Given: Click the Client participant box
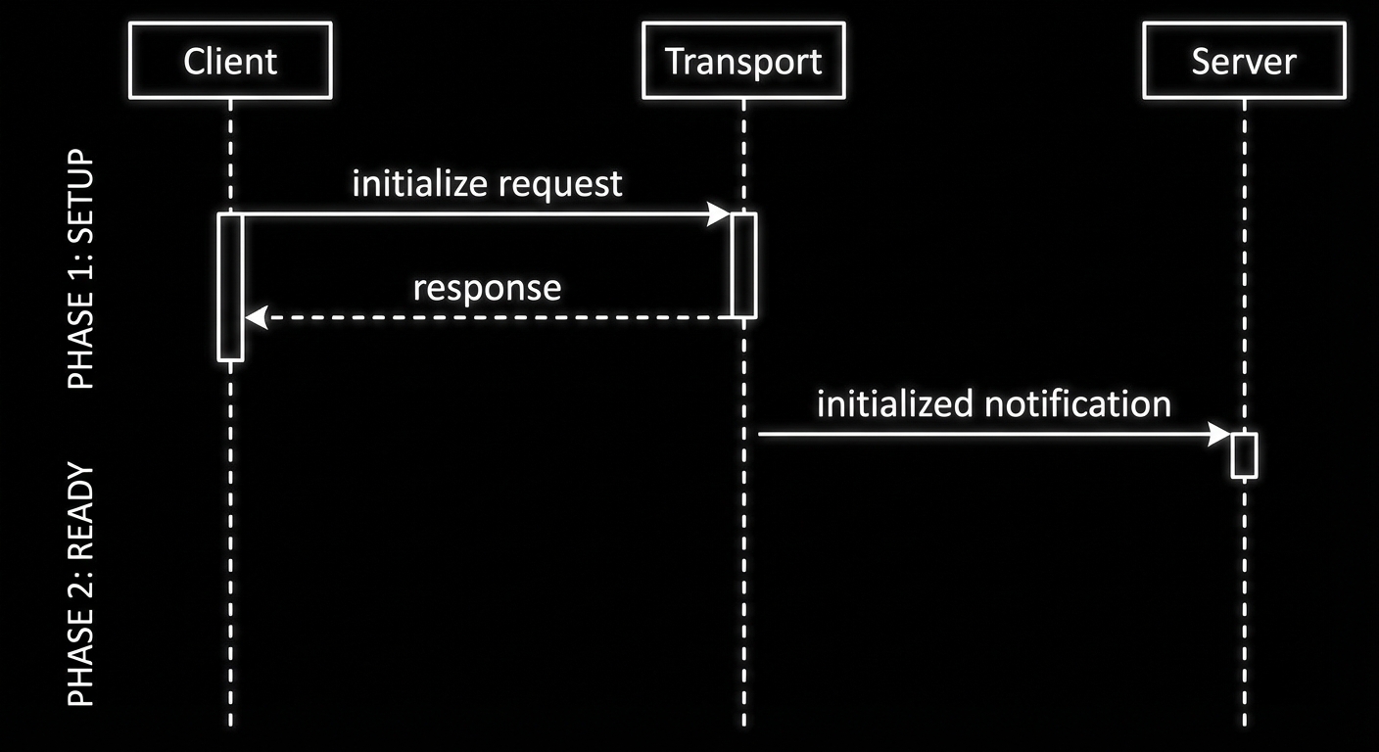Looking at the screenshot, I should coord(230,62).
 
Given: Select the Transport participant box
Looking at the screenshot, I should coord(743,62).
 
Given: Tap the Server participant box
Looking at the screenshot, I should coord(1244,62).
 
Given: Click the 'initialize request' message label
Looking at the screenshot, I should coord(487,183).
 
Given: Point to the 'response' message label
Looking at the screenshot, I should coord(487,288).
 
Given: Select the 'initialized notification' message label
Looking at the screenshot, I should coord(993,403).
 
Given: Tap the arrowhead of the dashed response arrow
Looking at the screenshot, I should coord(255,317).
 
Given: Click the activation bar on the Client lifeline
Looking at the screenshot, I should coord(230,287).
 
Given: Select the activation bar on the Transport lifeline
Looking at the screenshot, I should coord(744,264).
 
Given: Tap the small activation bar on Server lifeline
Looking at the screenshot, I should coord(1244,454).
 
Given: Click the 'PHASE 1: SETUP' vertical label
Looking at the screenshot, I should coord(82,269).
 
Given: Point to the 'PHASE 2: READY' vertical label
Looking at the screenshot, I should coord(82,585).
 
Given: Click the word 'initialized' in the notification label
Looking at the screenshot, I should coord(895,403).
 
